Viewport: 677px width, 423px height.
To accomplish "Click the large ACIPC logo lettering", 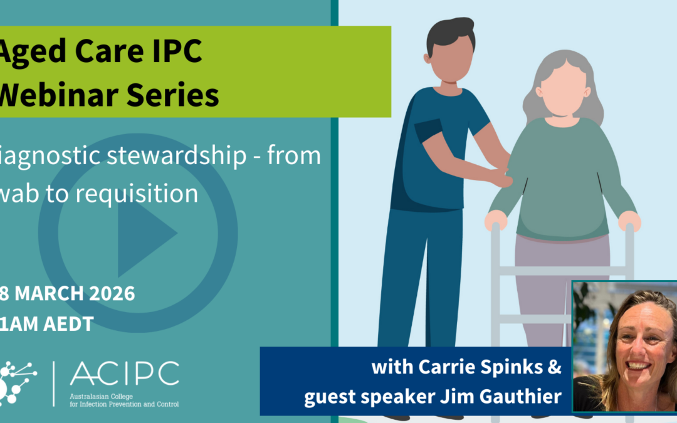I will tap(124, 374).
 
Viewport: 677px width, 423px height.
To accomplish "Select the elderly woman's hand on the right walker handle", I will tap(629, 220).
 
